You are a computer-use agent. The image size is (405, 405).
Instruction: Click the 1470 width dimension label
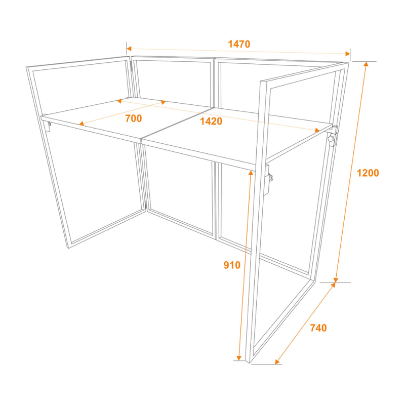coord(239,44)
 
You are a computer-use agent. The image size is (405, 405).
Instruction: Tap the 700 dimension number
coord(133,118)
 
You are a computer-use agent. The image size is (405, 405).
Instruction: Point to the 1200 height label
coord(368,173)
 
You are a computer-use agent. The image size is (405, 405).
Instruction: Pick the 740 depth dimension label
coord(317,328)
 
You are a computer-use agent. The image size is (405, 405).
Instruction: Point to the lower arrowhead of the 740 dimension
coord(277,361)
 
